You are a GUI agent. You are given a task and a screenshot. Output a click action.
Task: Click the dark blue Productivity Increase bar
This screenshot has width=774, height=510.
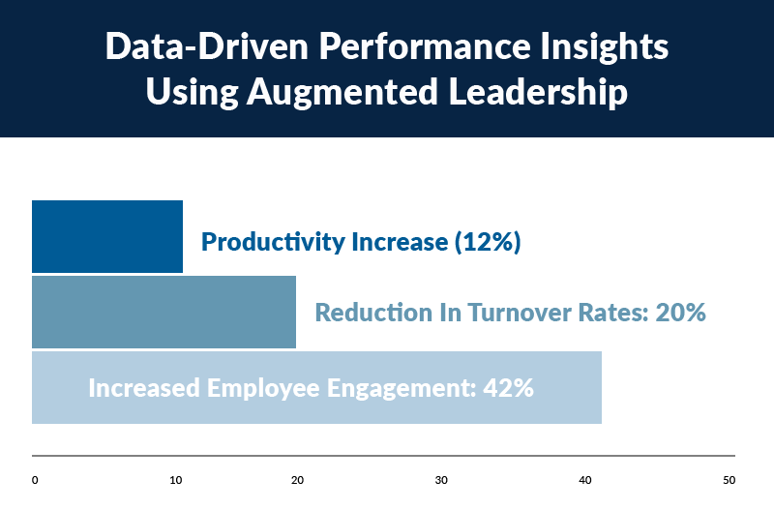[107, 236]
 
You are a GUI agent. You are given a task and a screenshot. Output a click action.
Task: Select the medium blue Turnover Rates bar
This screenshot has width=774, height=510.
[164, 312]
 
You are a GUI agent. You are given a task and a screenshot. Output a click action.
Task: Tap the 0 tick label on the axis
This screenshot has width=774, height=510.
[35, 480]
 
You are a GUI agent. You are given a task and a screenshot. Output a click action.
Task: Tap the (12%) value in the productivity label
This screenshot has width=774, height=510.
[487, 242]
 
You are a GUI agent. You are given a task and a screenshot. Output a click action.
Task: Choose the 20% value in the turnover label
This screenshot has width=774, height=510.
[674, 313]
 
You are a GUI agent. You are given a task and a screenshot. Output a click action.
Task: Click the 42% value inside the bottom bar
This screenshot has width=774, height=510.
[507, 388]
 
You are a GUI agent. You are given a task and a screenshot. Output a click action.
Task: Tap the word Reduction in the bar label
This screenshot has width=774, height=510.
[372, 313]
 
